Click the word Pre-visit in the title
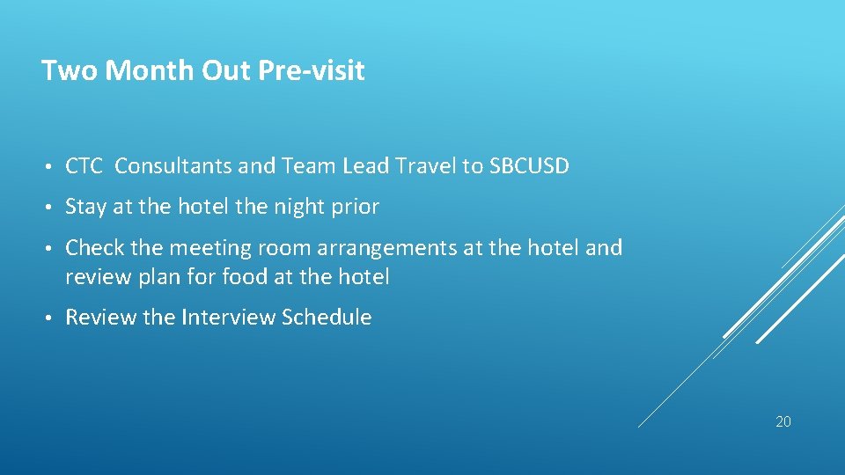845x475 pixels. click(x=312, y=70)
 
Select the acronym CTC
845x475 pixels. click(x=84, y=165)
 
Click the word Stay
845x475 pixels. click(x=86, y=207)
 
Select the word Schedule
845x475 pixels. click(x=327, y=317)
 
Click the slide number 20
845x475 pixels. click(x=783, y=421)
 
